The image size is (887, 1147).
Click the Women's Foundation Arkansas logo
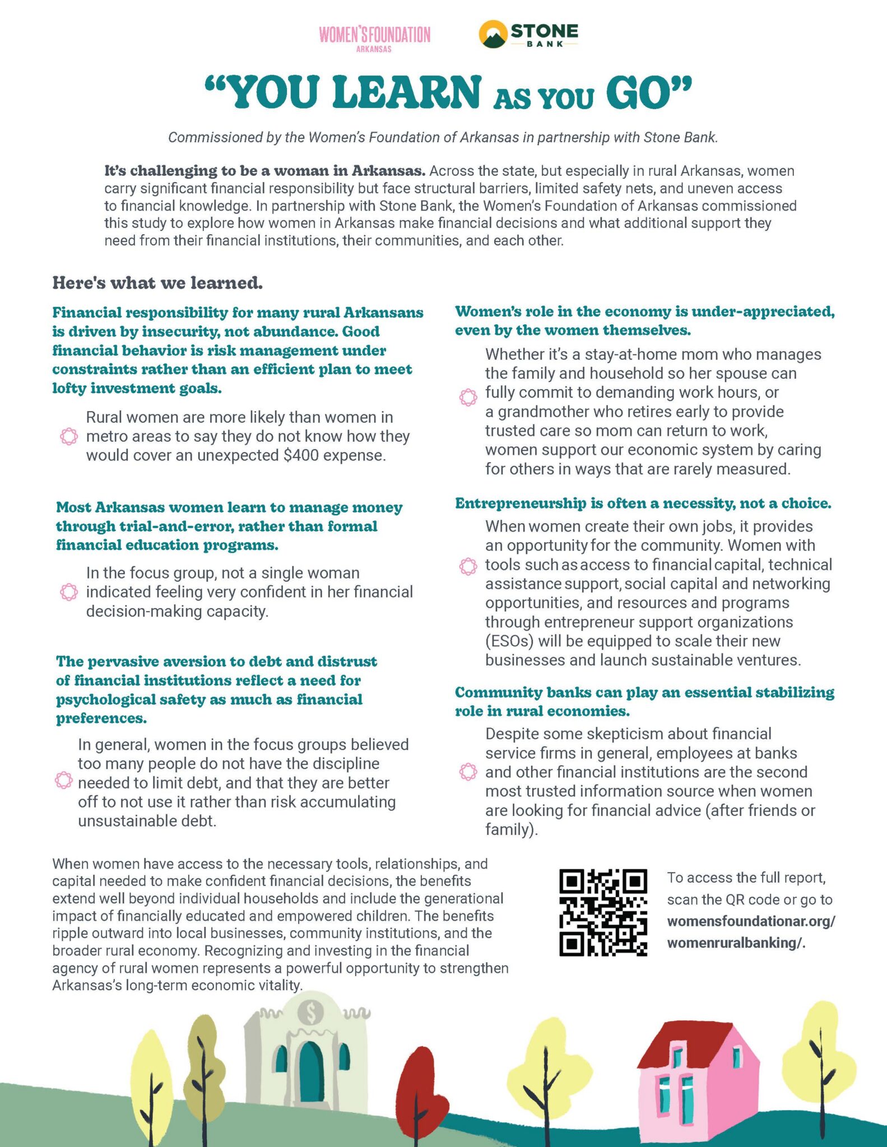[x=374, y=38]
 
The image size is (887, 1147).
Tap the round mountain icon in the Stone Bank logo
[x=493, y=34]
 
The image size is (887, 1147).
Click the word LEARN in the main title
[x=406, y=92]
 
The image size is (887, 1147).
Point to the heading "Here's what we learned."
[x=157, y=283]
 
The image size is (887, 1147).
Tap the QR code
[x=603, y=912]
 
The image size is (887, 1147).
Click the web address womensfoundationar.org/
[x=751, y=921]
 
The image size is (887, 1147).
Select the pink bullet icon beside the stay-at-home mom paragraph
[x=468, y=397]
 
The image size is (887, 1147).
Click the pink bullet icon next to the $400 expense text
[x=68, y=436]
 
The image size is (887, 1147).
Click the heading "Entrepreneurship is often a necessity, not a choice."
[x=643, y=503]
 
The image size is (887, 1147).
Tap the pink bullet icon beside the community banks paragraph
[x=468, y=772]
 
